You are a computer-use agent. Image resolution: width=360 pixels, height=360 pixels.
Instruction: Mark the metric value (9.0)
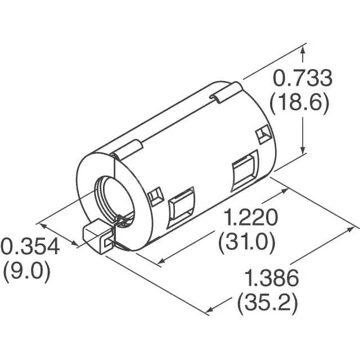click(26, 272)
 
